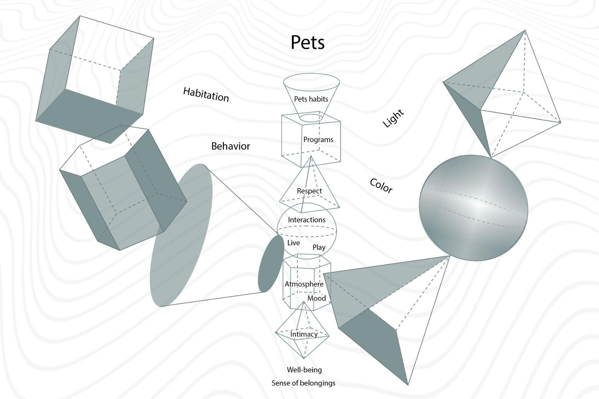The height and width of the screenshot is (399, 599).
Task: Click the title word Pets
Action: click(307, 42)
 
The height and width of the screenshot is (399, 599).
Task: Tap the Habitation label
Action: click(206, 95)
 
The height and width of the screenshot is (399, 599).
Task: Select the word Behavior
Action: click(230, 146)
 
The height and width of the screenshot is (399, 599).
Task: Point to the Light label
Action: click(393, 118)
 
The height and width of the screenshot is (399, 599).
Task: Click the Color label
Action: click(381, 186)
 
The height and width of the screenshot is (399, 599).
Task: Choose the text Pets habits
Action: click(311, 99)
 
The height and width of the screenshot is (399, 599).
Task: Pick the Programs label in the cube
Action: click(318, 140)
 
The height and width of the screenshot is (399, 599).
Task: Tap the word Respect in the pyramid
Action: click(309, 191)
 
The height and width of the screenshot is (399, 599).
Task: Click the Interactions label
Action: click(307, 220)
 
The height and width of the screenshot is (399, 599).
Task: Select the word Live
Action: click(293, 243)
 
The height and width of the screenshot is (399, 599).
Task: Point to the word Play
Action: click(319, 248)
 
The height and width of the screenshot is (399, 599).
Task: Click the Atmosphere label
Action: click(304, 284)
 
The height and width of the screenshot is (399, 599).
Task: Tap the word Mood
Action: click(316, 299)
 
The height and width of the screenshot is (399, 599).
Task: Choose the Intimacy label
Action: click(304, 334)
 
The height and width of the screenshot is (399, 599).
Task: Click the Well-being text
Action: click(304, 370)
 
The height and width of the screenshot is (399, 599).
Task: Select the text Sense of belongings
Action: click(303, 383)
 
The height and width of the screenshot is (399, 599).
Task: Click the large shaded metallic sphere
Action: click(474, 208)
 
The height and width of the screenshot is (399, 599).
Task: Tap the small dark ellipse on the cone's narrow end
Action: click(271, 264)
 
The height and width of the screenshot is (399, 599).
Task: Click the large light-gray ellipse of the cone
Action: click(181, 234)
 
